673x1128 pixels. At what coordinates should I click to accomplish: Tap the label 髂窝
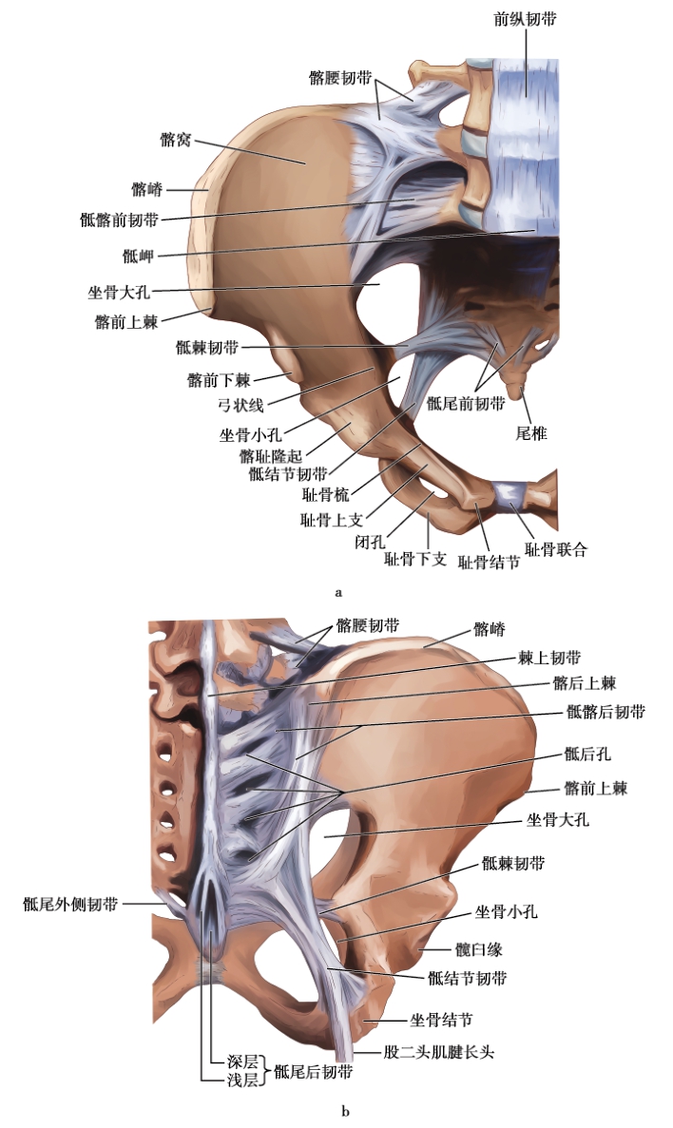176,140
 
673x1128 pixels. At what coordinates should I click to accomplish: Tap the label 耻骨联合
556,549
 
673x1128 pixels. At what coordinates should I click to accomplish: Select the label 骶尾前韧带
466,403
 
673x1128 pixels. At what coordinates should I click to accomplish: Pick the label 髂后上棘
584,682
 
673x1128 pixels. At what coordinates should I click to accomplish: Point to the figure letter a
338,592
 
